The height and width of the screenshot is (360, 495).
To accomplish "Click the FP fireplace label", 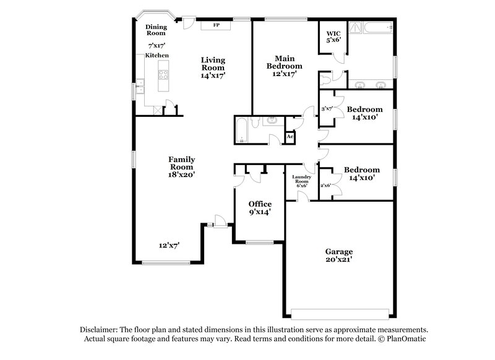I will click(x=216, y=25).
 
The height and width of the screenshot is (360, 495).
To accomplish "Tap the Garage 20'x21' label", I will click(x=339, y=255).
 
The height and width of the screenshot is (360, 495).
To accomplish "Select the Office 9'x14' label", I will click(x=260, y=208).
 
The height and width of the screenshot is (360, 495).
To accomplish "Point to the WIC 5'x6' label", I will click(x=334, y=36).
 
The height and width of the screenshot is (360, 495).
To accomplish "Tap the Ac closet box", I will click(x=290, y=136).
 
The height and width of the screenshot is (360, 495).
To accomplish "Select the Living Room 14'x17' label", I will click(x=213, y=67).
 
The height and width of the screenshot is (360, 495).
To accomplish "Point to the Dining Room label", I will click(x=156, y=30).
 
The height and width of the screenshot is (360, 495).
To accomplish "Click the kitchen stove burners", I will click(x=164, y=75).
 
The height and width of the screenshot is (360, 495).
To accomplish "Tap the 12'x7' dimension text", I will click(x=168, y=246).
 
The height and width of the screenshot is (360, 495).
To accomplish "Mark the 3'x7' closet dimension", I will click(x=327, y=109).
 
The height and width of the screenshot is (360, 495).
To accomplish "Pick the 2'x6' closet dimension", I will click(x=325, y=185).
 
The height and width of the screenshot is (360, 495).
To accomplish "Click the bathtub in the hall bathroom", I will click(x=242, y=131).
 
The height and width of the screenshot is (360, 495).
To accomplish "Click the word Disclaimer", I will click(x=100, y=330).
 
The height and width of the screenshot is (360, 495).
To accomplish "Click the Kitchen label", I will click(x=157, y=56).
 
